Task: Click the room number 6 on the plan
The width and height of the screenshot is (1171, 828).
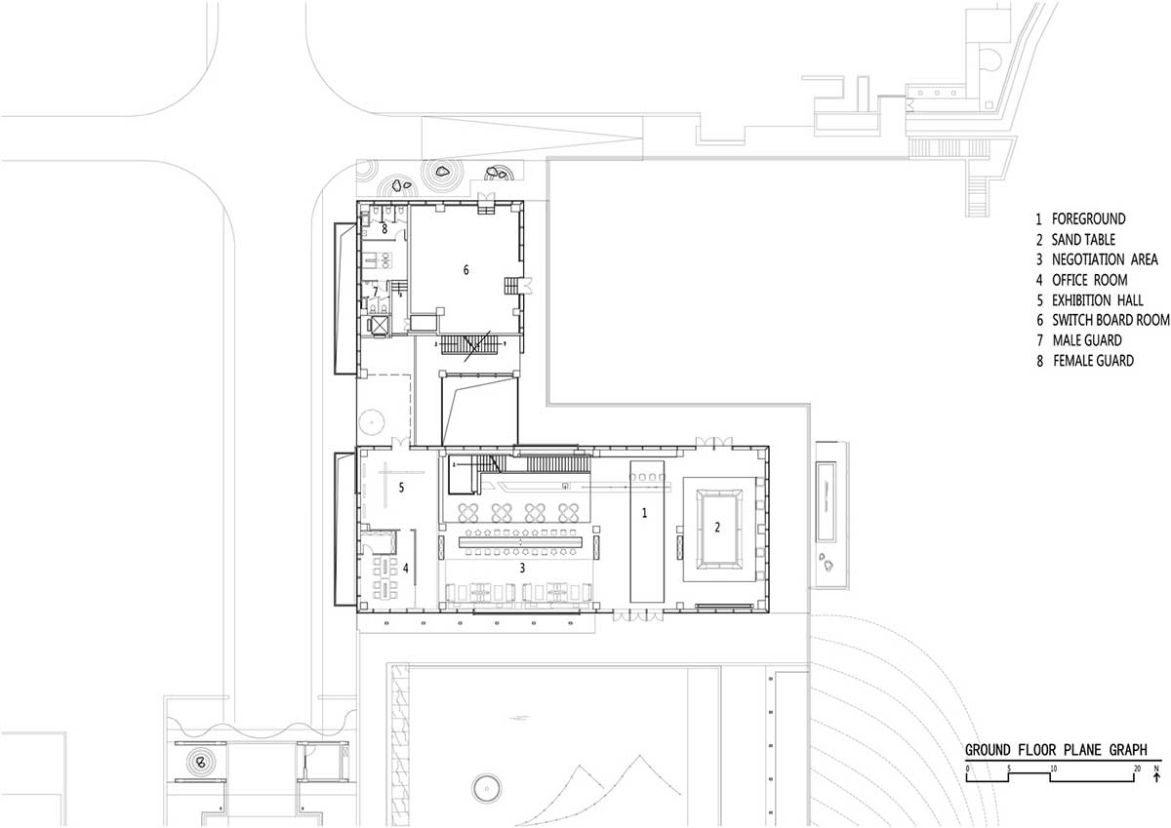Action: point(465,270)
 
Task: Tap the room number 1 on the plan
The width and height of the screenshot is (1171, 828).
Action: point(644,513)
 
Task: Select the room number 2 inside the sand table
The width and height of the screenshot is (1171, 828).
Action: point(717,528)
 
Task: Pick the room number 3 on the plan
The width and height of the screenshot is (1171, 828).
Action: point(522,568)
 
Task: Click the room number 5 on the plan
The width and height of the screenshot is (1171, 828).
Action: point(401,488)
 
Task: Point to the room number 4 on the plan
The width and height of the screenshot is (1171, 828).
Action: point(406,569)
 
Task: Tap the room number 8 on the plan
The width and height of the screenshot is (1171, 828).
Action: point(384,229)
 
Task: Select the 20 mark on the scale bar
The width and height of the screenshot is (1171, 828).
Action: point(1137,769)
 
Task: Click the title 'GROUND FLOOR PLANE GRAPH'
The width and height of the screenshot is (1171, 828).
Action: point(1056,750)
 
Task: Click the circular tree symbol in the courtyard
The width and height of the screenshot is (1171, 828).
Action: point(372,421)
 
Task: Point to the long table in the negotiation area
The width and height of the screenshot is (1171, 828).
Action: point(521,543)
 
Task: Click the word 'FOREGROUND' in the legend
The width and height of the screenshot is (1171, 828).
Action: point(1088,218)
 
